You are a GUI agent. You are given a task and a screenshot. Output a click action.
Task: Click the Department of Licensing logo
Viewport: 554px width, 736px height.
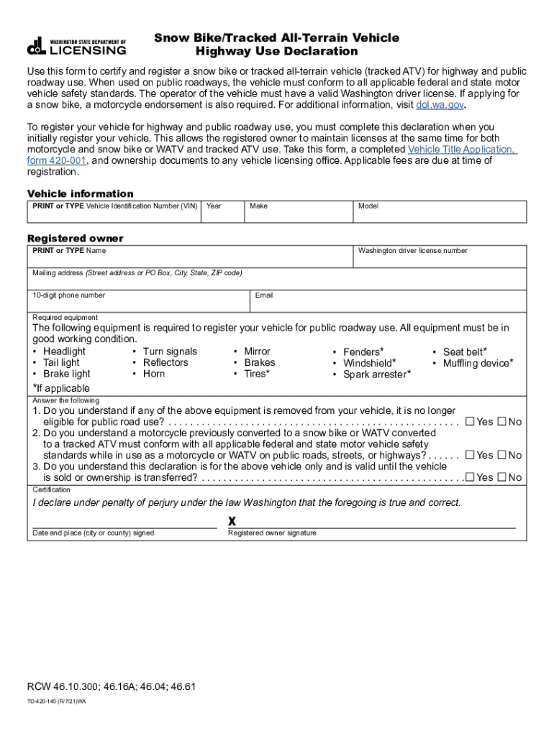pyautogui.click(x=77, y=47)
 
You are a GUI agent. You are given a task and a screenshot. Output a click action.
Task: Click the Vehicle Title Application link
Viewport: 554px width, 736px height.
pyautogui.click(x=461, y=149)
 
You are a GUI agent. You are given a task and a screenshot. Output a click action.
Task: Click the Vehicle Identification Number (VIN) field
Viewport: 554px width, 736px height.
pyautogui.click(x=114, y=214)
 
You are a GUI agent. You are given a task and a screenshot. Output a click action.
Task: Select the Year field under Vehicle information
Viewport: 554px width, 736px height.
pyautogui.click(x=223, y=214)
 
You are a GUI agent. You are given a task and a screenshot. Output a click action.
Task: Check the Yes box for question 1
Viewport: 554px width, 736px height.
pyautogui.click(x=470, y=422)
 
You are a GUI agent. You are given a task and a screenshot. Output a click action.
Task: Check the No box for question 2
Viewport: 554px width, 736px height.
pyautogui.click(x=502, y=455)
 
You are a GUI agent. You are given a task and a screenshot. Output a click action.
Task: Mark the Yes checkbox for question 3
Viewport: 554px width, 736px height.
pyautogui.click(x=470, y=477)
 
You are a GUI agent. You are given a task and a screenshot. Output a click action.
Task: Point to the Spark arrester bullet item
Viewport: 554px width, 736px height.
pyautogui.click(x=376, y=374)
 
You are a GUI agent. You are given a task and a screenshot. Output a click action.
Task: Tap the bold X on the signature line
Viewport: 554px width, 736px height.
pyautogui.click(x=232, y=521)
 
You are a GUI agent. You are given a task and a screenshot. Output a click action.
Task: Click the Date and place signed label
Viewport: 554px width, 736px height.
pyautogui.click(x=93, y=533)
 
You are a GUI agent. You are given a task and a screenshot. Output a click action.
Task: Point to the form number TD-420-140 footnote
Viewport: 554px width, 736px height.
pyautogui.click(x=57, y=701)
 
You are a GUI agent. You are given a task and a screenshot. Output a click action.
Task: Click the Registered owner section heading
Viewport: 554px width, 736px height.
pyautogui.click(x=76, y=238)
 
